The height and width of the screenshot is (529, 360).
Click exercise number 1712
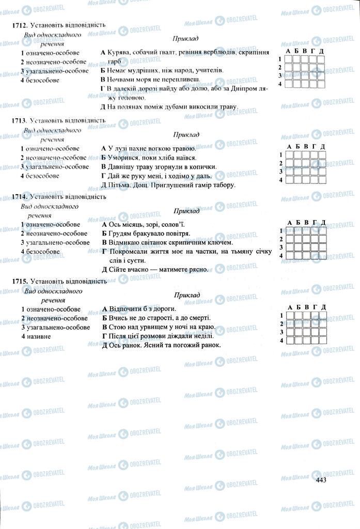pyautogui.click(x=20, y=25)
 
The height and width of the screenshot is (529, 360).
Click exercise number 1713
pyautogui.click(x=20, y=120)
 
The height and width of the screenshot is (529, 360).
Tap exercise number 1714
pyautogui.click(x=20, y=197)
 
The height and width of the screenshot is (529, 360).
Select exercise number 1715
pyautogui.click(x=20, y=282)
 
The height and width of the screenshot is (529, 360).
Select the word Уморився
pyautogui.click(x=122, y=158)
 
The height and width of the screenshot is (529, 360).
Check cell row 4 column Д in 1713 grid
pyautogui.click(x=322, y=180)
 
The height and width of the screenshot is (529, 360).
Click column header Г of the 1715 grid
pyautogui.click(x=314, y=307)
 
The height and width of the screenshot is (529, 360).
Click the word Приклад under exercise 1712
pyautogui.click(x=186, y=39)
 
